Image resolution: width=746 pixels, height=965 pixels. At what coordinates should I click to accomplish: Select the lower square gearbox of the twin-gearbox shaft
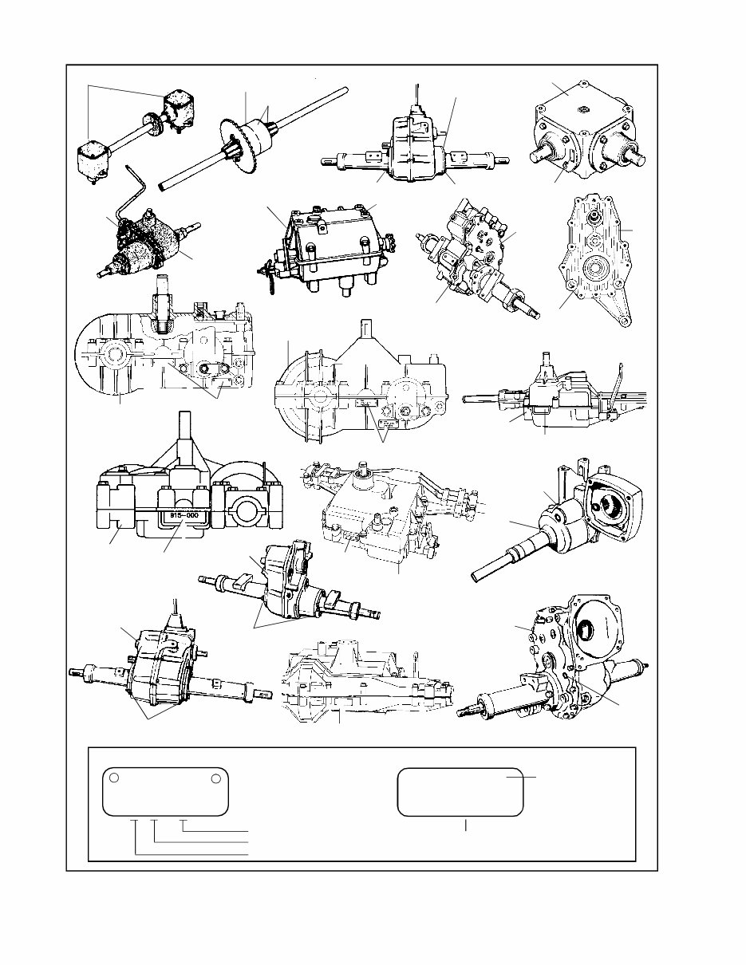click(x=96, y=163)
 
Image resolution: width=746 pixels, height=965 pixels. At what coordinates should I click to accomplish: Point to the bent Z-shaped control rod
click(x=132, y=191)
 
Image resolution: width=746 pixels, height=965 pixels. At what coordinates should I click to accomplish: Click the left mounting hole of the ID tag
click(x=115, y=778)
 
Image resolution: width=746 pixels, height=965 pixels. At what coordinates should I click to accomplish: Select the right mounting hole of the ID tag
click(x=215, y=778)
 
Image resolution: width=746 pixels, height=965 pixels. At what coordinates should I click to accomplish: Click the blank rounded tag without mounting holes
click(x=460, y=793)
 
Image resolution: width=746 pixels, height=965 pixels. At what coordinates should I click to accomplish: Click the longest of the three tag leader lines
click(x=191, y=853)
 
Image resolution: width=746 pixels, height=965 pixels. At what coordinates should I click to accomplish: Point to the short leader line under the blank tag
click(x=466, y=825)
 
